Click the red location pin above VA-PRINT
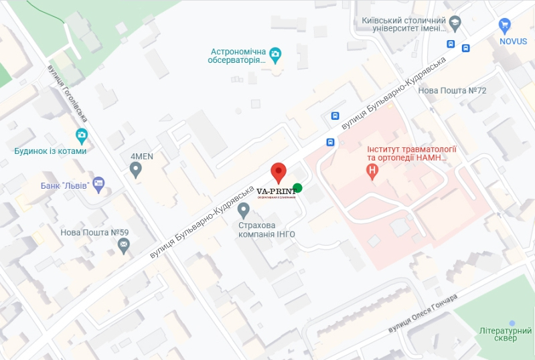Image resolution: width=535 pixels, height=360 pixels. coord(279,172)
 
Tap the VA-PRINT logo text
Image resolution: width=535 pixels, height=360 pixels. coord(277,191)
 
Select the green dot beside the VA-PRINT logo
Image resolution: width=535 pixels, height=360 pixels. coord(297,187)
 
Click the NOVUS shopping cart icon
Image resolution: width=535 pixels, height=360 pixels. coord(505,25)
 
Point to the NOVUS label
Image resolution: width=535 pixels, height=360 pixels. coord(513,41)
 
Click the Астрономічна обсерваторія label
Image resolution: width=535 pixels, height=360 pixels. coord(238,56)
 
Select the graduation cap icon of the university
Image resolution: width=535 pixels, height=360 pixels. coord(455,22)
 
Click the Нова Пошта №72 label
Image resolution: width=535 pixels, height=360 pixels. coord(452,90)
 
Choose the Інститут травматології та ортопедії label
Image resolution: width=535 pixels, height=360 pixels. coord(412,153)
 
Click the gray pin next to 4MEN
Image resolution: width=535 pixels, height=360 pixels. coord(137,170)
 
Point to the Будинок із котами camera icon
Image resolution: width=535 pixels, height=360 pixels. coord(82,137)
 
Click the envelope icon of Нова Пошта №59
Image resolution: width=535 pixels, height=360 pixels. coord(124,246)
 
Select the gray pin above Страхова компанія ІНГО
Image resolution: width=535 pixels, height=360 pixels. coord(244,211)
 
